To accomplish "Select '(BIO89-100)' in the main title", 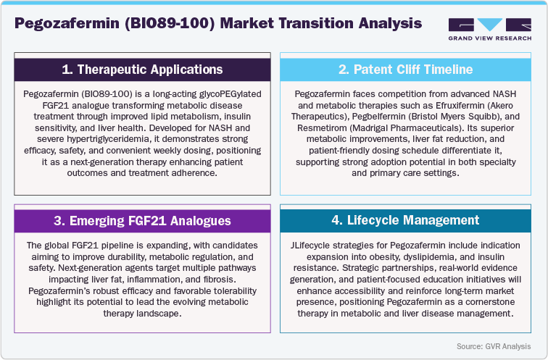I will (170, 22).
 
